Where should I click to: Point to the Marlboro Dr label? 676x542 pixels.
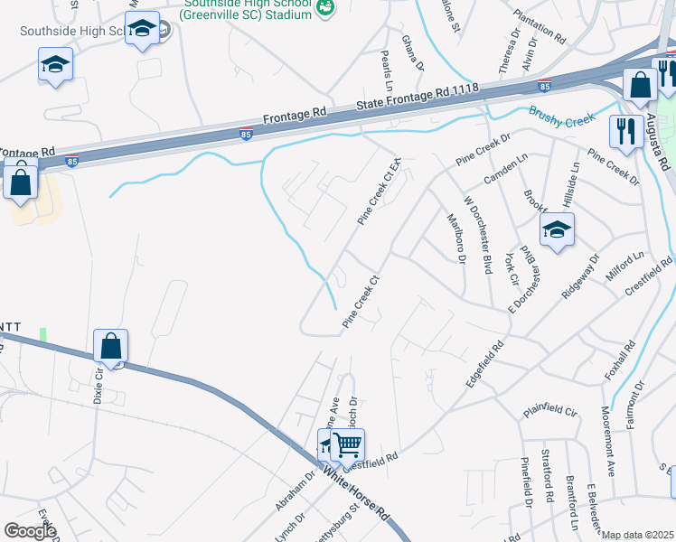[456, 237]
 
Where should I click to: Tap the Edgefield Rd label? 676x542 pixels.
[484, 364]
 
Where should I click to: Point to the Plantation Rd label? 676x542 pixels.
[539, 27]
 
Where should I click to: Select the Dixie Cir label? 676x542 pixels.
[99, 387]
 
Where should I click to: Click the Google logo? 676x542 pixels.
[30, 530]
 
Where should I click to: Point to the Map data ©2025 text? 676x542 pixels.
[637, 535]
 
